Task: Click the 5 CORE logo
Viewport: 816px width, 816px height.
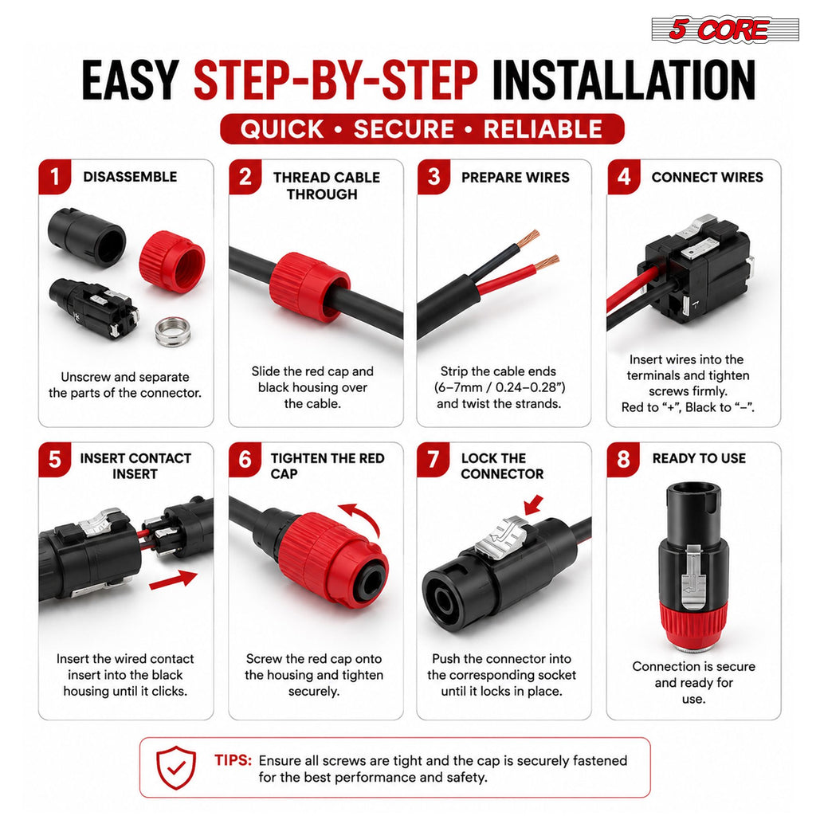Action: (725, 29)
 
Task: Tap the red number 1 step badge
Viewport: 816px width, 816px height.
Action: (55, 177)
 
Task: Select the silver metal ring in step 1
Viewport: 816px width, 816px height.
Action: (173, 331)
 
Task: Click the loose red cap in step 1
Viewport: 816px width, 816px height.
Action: (172, 261)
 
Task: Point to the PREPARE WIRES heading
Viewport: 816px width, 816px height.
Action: (516, 178)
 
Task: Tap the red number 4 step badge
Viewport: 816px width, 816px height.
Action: (623, 177)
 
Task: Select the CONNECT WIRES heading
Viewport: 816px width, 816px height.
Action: (708, 178)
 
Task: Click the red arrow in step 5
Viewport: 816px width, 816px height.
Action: (173, 580)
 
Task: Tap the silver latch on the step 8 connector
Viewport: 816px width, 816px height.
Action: (693, 578)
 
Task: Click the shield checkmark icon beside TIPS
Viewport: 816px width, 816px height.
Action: (176, 767)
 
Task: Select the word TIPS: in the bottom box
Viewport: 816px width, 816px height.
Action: (233, 760)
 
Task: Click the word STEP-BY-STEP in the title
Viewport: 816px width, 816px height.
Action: (335, 80)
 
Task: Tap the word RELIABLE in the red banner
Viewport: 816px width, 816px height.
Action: (543, 129)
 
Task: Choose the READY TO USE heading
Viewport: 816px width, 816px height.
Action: (699, 458)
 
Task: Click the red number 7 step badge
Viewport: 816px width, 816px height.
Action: (433, 460)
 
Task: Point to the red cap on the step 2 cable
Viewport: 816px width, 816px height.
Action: (310, 287)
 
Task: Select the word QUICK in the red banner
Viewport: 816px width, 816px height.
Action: (282, 129)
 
